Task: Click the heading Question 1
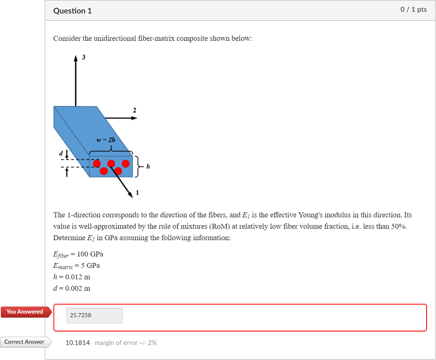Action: pos(72,11)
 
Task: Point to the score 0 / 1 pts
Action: pos(413,10)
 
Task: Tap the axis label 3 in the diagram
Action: pos(83,57)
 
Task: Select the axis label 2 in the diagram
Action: pos(135,110)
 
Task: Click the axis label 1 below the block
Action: pos(137,194)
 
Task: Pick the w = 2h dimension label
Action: pos(106,140)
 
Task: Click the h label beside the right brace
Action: pos(148,166)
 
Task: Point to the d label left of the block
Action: pos(61,152)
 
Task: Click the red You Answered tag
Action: pos(25,312)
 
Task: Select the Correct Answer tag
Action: pos(24,342)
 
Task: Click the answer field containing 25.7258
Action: pos(94,315)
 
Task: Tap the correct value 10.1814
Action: pos(77,343)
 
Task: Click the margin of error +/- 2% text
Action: pos(126,343)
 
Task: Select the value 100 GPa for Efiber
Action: pos(90,254)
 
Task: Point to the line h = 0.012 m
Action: pos(72,277)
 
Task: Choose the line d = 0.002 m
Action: pos(72,289)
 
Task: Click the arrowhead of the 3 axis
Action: pos(76,59)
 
